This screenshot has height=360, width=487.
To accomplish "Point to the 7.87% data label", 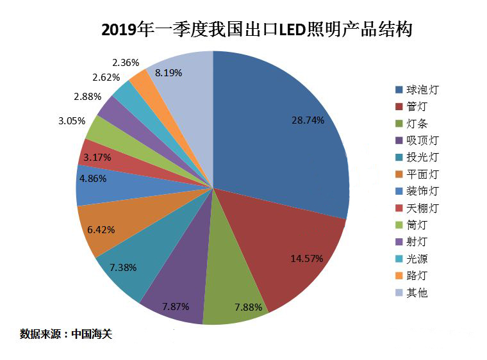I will pos(176,306).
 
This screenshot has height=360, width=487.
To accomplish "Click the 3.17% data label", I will pos(97,157).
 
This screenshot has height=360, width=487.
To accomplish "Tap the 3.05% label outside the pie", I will pos(71,120).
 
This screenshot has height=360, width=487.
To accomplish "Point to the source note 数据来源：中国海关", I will pos(66,334).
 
